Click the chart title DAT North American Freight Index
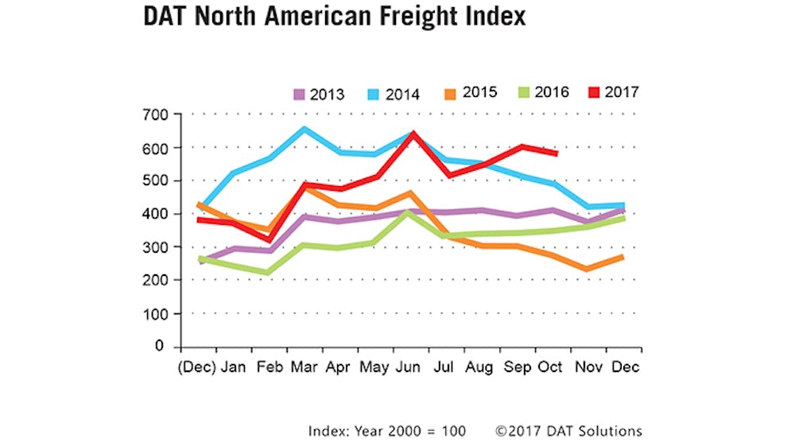click(x=334, y=17)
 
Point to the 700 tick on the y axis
click(x=156, y=114)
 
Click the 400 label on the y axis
click(x=156, y=215)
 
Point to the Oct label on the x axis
click(x=549, y=367)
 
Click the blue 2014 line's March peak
click(x=303, y=128)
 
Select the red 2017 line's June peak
click(x=413, y=134)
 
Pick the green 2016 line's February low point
click(x=267, y=273)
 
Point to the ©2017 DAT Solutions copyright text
click(x=568, y=431)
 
